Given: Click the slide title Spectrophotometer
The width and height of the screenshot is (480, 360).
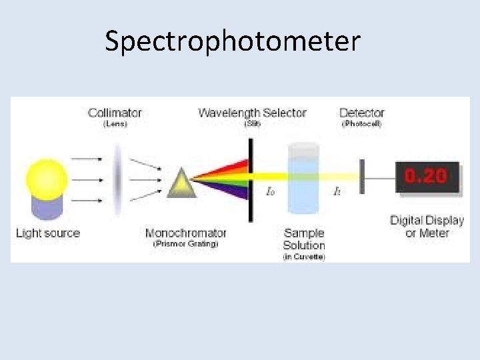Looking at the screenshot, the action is point(232,41).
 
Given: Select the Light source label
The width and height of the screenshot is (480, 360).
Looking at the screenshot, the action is point(47,233).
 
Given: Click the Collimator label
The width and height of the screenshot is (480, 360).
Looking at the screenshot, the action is point(115,113).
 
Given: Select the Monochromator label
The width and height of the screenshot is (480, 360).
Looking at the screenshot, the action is point(186,233).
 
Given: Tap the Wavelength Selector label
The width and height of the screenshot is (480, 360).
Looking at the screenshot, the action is point(252,113).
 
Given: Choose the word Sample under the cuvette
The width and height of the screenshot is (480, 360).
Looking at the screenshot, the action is point(304,233).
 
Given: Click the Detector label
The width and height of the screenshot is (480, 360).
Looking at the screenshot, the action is point(362,113).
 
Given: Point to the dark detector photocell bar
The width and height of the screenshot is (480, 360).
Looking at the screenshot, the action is point(362,177).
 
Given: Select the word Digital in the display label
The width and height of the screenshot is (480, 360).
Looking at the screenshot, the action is point(408,221).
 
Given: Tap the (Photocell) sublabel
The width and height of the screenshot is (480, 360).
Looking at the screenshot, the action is point(361,123).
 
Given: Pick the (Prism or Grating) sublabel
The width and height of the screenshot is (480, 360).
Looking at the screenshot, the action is point(186,244).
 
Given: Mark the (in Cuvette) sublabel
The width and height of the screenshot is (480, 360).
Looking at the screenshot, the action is point(304,257).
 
